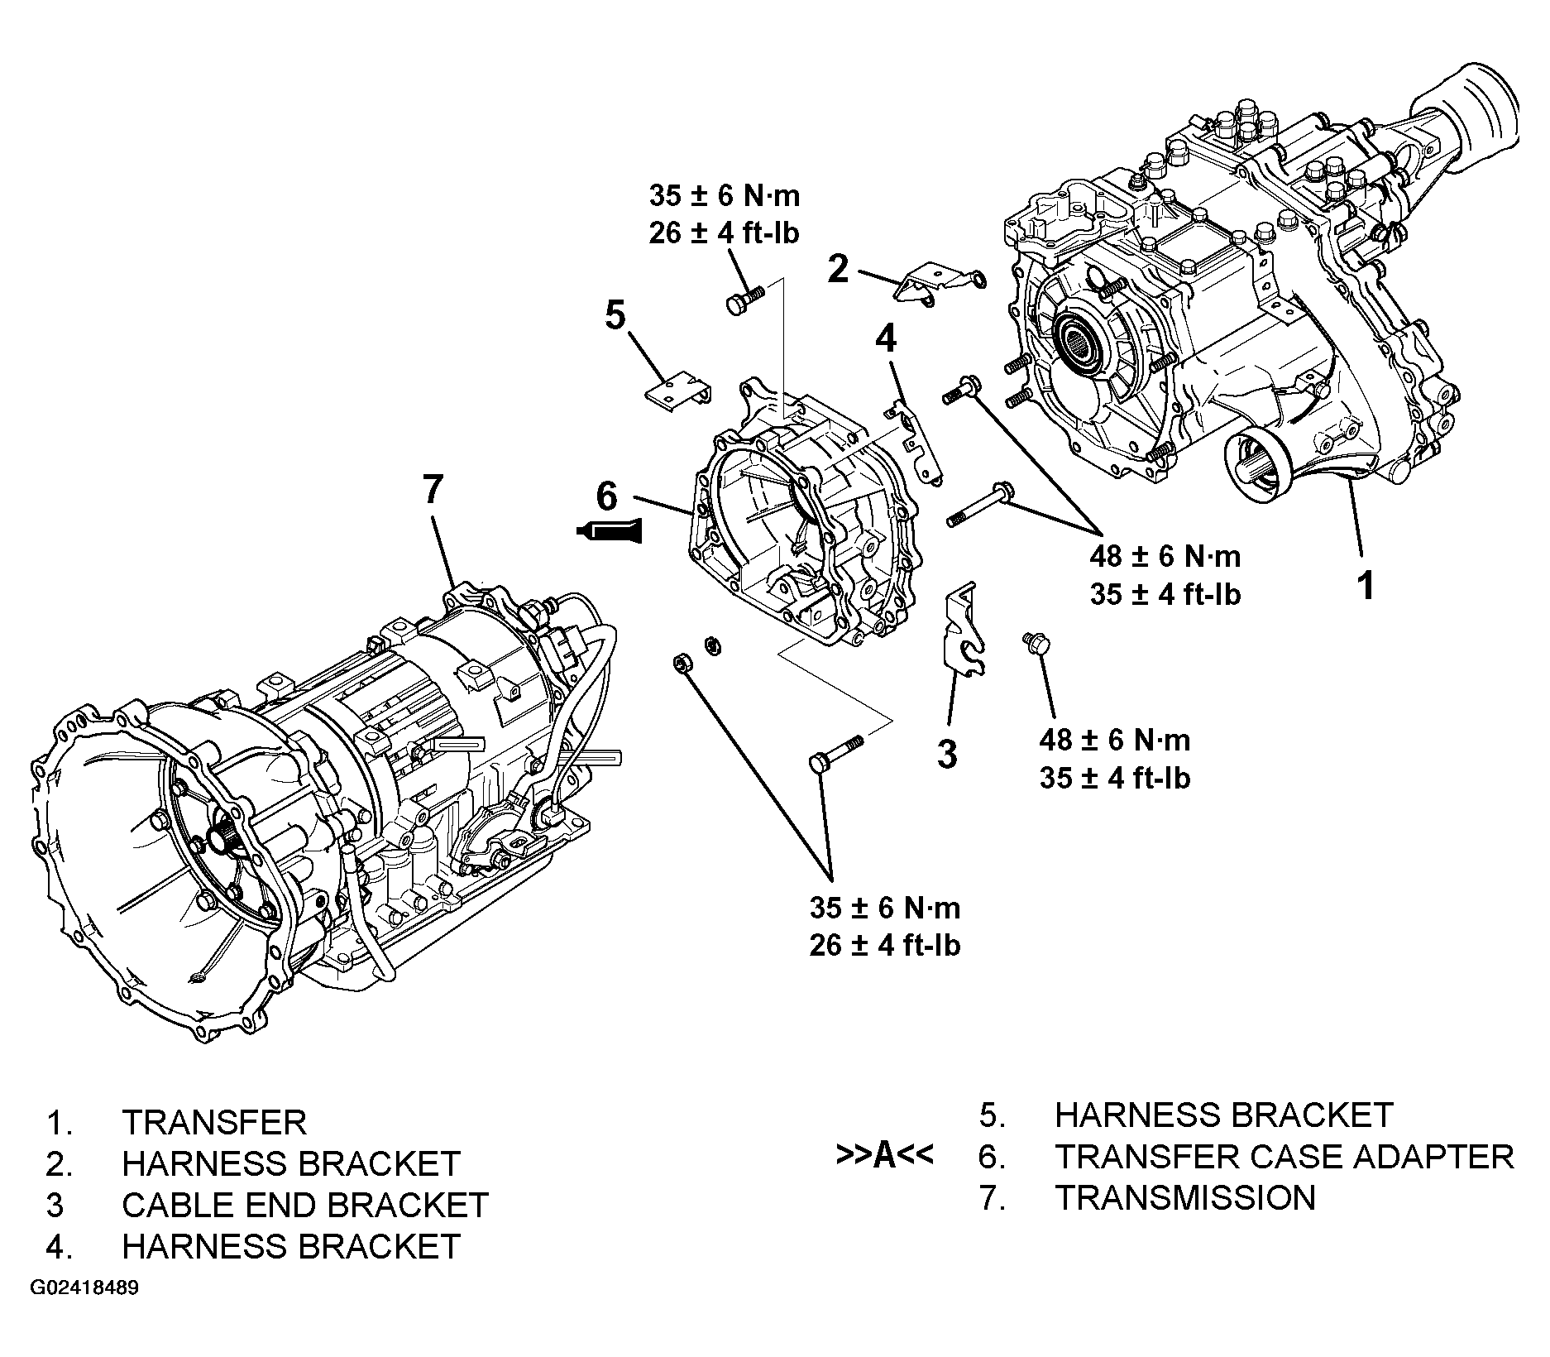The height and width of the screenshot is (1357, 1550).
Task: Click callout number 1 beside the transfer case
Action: (x=1366, y=584)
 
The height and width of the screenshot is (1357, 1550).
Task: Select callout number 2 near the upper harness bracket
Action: (x=838, y=269)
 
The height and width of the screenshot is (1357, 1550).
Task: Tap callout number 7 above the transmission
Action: (x=433, y=490)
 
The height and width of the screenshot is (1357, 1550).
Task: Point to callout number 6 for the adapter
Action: (x=606, y=496)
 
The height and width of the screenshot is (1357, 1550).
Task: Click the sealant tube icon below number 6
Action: (x=612, y=531)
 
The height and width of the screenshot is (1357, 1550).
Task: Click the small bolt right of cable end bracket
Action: (x=1035, y=642)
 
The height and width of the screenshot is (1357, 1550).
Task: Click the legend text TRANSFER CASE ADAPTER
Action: (x=1284, y=1157)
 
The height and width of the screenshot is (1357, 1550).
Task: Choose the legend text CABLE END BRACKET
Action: (x=305, y=1205)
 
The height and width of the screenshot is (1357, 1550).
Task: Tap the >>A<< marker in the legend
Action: (x=884, y=1156)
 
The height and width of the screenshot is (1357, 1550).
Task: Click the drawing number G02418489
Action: (x=84, y=1288)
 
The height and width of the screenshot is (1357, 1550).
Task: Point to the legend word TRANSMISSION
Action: (x=1184, y=1197)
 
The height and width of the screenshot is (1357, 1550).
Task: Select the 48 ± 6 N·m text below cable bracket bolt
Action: (x=1114, y=740)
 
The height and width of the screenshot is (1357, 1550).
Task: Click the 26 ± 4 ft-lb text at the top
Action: (x=724, y=233)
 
